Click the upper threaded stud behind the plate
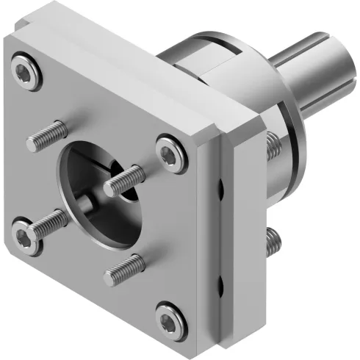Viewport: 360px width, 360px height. coord(273,145)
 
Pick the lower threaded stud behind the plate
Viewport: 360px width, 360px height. coord(273,238)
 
